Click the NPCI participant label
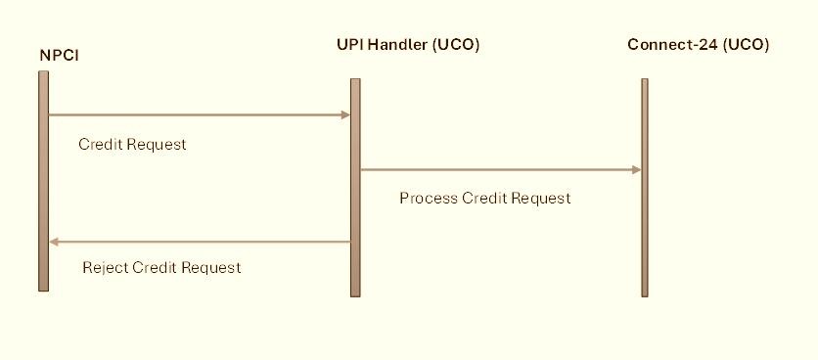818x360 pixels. (x=60, y=56)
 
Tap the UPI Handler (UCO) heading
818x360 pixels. (x=408, y=45)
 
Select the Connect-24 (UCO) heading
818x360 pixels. (x=698, y=45)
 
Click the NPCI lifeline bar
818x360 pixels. (x=43, y=181)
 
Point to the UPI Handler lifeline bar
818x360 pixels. (x=355, y=188)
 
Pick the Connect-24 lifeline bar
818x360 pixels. (x=645, y=188)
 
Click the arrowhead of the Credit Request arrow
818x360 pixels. (x=345, y=114)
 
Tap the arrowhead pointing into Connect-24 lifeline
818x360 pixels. (x=636, y=169)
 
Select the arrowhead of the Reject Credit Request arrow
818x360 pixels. (x=54, y=242)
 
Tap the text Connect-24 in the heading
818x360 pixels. (x=672, y=45)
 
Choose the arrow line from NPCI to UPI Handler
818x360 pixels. (x=200, y=114)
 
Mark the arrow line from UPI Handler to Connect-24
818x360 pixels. (x=501, y=169)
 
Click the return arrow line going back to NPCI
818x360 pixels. (x=200, y=242)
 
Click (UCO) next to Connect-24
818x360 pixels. (x=746, y=45)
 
